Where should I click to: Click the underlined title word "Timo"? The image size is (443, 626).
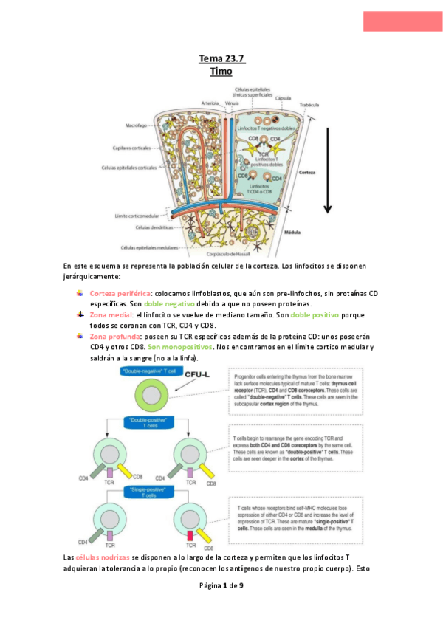coord(221,72)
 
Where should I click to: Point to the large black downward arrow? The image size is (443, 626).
coord(328,170)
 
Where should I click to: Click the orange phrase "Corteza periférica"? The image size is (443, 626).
coord(120,293)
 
